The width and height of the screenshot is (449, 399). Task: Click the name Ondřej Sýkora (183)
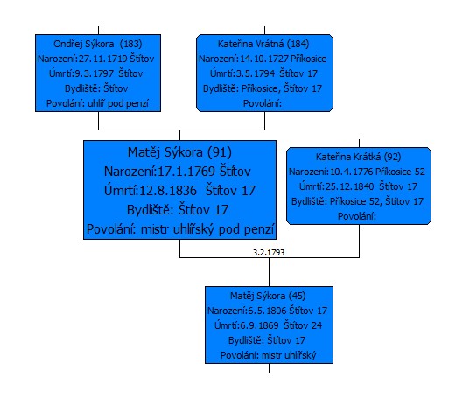pyautogui.click(x=98, y=44)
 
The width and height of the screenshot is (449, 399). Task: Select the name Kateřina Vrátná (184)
pyautogui.click(x=263, y=44)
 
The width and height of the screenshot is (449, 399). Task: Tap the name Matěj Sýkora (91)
pyautogui.click(x=179, y=152)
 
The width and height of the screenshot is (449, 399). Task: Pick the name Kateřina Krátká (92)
pyautogui.click(x=358, y=157)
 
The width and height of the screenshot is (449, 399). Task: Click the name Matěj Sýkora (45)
pyautogui.click(x=268, y=296)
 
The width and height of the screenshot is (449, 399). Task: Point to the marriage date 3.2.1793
pyautogui.click(x=269, y=253)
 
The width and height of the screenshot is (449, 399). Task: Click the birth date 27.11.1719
pyautogui.click(x=103, y=59)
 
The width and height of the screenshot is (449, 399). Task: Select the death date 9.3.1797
pyautogui.click(x=95, y=73)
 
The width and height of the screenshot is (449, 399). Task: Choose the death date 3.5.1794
pyautogui.click(x=255, y=73)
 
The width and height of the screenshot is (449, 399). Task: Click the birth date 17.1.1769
pyautogui.click(x=186, y=171)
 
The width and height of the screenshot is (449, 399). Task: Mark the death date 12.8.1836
pyautogui.click(x=168, y=191)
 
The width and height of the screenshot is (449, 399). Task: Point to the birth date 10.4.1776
pyautogui.click(x=351, y=171)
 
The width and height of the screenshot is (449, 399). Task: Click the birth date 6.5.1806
pyautogui.click(x=267, y=311)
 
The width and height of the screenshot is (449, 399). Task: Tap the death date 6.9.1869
pyautogui.click(x=259, y=325)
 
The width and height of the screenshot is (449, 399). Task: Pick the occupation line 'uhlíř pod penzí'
pyautogui.click(x=118, y=103)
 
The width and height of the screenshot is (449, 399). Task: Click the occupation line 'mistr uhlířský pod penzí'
pyautogui.click(x=207, y=229)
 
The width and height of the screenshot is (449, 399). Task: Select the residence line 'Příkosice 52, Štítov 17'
pyautogui.click(x=376, y=201)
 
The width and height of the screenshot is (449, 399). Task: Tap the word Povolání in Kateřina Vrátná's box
pyautogui.click(x=263, y=103)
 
